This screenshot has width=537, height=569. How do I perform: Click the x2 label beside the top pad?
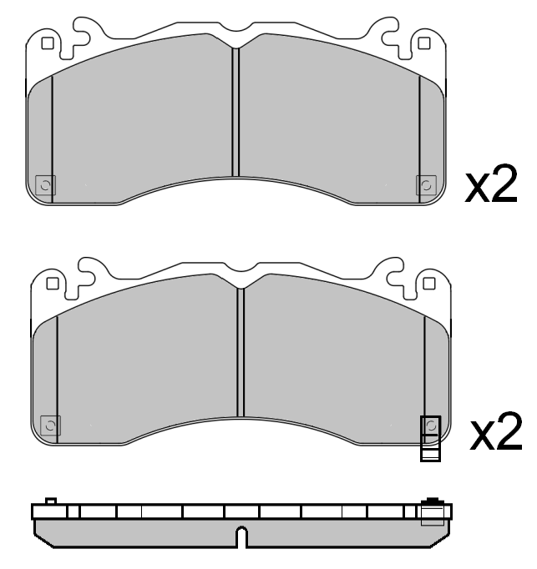pyautogui.click(x=492, y=185)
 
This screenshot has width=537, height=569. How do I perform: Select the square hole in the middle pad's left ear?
pyautogui.click(x=52, y=284)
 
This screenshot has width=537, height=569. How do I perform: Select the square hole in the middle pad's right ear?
pyautogui.click(x=428, y=284)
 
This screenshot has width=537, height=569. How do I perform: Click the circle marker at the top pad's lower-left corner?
pyautogui.click(x=46, y=184)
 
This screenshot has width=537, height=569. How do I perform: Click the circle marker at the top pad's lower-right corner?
pyautogui.click(x=425, y=184)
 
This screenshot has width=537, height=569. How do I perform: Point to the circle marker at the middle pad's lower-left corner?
pyautogui.click(x=50, y=426)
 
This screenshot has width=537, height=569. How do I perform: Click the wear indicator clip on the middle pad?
pyautogui.click(x=430, y=439)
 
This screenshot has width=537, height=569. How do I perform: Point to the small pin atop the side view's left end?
pyautogui.click(x=50, y=501)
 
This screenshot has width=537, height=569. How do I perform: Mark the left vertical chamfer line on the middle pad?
pyautogui.click(x=57, y=375)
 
